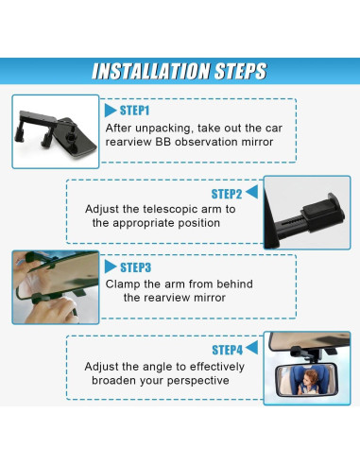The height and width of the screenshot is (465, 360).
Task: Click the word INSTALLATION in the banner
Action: pyautogui.click(x=151, y=71)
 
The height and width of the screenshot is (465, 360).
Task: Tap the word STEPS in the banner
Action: pyautogui.click(x=240, y=71)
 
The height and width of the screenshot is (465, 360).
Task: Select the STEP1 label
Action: pyautogui.click(x=134, y=111)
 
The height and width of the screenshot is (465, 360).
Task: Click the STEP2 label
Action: pyautogui.click(x=227, y=194)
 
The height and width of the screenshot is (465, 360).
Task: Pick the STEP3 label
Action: pyautogui.click(x=135, y=267)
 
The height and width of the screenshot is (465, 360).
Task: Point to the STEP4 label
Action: pyautogui.click(x=227, y=350)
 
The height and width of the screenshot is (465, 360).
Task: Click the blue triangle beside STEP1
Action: pyautogui.click(x=111, y=111)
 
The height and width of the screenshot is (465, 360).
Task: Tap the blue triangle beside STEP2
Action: pyautogui.click(x=251, y=192)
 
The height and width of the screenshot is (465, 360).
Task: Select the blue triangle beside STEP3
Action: pyautogui.click(x=111, y=267)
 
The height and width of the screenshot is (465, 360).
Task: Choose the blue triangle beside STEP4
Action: pyautogui.click(x=251, y=348)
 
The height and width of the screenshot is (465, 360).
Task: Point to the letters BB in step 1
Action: pyautogui.click(x=163, y=142)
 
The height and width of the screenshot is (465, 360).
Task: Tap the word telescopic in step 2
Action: pyautogui.click(x=171, y=210)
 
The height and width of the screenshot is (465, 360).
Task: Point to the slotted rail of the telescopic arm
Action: pyautogui.click(x=290, y=223)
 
